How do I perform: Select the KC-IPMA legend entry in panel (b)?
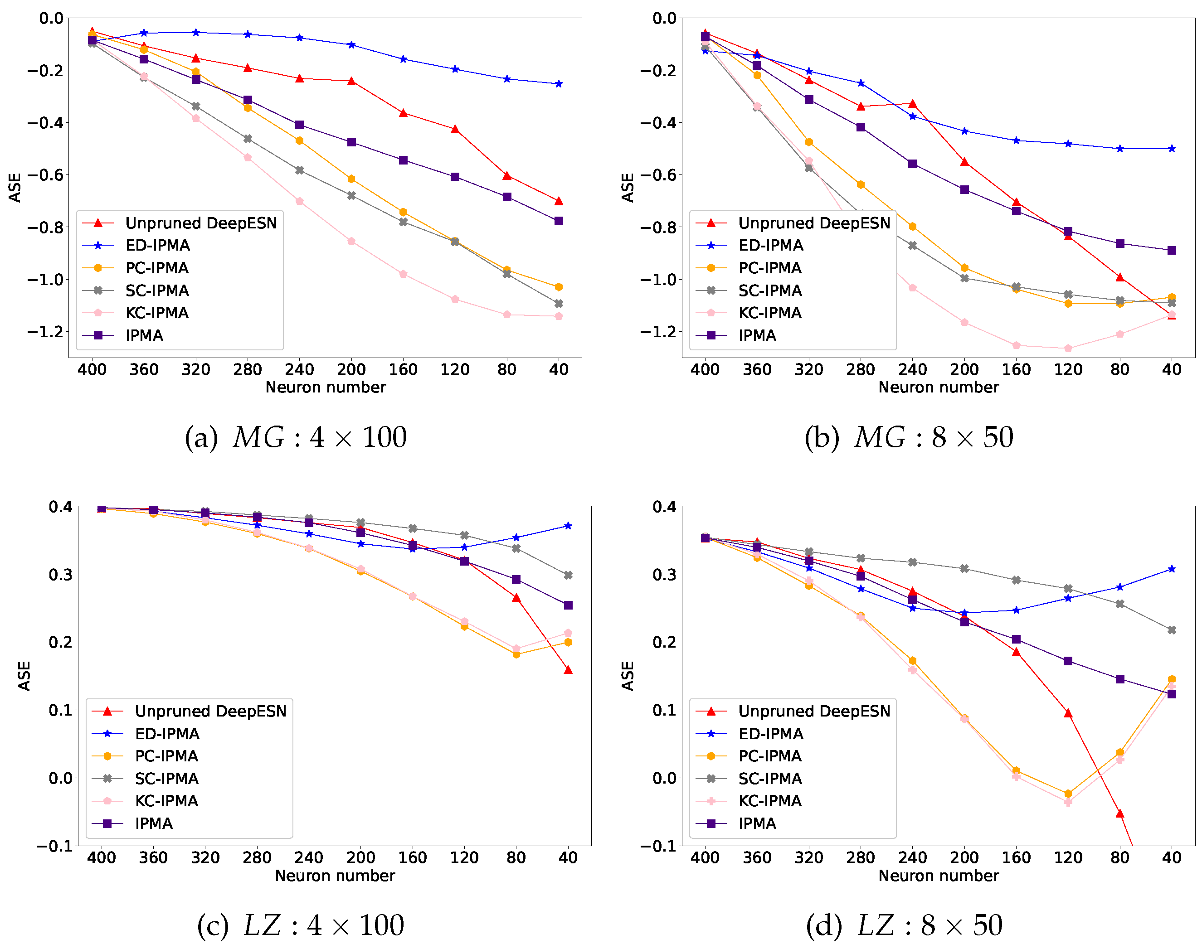pyautogui.click(x=769, y=313)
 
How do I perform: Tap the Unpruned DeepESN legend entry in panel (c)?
pyautogui.click(x=210, y=711)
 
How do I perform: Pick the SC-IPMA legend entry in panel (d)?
pyautogui.click(x=769, y=779)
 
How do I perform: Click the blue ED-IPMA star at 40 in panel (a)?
pyautogui.click(x=559, y=84)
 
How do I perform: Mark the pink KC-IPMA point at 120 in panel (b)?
pyautogui.click(x=1068, y=349)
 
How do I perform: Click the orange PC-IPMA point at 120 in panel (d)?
pyautogui.click(x=1068, y=794)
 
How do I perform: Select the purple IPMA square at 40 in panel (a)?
pyautogui.click(x=559, y=221)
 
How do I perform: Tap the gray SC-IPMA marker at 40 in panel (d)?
pyautogui.click(x=1172, y=630)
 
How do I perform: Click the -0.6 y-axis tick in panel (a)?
pyautogui.click(x=46, y=175)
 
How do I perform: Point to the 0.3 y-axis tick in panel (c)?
pyautogui.click(x=60, y=575)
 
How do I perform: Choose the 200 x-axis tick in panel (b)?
pyautogui.click(x=964, y=369)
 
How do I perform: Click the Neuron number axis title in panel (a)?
pyautogui.click(x=325, y=387)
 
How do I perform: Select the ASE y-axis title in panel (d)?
pyautogui.click(x=628, y=676)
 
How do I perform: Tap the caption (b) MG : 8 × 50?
pyautogui.click(x=909, y=437)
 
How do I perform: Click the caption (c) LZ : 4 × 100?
pyautogui.click(x=300, y=926)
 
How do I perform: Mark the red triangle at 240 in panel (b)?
pyautogui.click(x=912, y=104)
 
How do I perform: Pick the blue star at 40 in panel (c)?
pyautogui.click(x=568, y=526)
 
